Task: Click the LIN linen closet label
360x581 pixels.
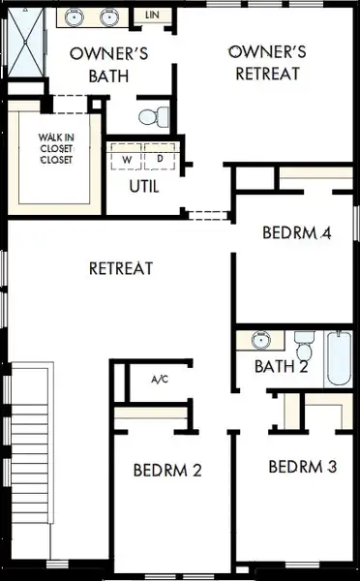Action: pyautogui.click(x=152, y=15)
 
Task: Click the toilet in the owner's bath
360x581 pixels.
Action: pyautogui.click(x=151, y=115)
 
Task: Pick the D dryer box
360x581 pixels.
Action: pyautogui.click(x=159, y=158)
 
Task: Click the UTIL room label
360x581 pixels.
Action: pyautogui.click(x=144, y=186)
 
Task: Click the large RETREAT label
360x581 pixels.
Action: pyautogui.click(x=121, y=268)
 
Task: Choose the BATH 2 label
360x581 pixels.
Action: pyautogui.click(x=281, y=367)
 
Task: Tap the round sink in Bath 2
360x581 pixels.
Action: pyautogui.click(x=260, y=340)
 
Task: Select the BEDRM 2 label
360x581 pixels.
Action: pyautogui.click(x=166, y=471)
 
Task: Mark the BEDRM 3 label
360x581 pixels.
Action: pyautogui.click(x=302, y=467)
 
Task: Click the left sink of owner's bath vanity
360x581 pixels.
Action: pyautogui.click(x=76, y=16)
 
